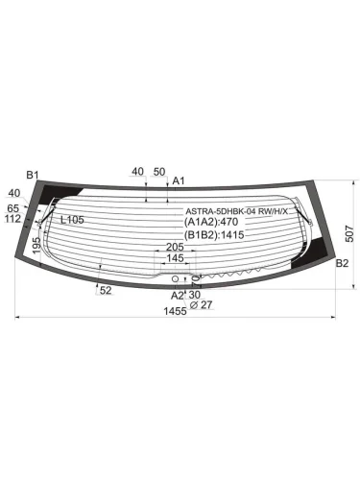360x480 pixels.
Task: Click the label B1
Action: click(x=32, y=175)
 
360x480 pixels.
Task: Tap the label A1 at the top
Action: click(x=179, y=180)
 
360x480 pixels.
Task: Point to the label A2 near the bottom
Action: click(x=178, y=295)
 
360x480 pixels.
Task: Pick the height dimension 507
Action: click(x=350, y=233)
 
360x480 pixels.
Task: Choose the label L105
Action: click(x=72, y=220)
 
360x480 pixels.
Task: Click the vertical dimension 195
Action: click(x=36, y=246)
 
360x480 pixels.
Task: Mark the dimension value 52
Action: click(x=105, y=290)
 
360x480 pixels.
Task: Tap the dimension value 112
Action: click(x=12, y=218)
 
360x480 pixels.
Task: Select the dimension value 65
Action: click(x=13, y=206)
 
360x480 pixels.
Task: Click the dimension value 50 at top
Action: click(x=159, y=172)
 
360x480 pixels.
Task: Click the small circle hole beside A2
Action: click(x=176, y=278)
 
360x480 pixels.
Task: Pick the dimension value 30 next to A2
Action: click(x=195, y=295)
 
